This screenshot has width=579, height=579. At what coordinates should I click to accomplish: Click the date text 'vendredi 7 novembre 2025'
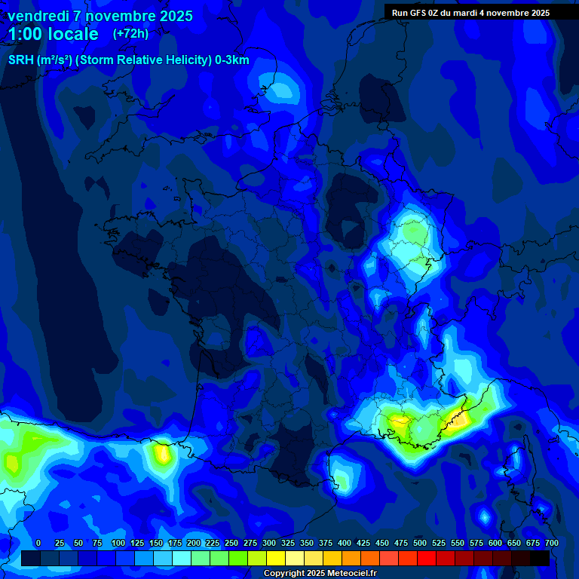(100, 16)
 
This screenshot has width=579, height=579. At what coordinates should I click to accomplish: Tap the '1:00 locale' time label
(54, 34)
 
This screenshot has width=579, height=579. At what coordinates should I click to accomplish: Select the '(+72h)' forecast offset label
(130, 34)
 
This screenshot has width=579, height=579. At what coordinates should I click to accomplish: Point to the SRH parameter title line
(128, 60)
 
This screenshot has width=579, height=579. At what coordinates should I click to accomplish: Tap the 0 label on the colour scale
(38, 543)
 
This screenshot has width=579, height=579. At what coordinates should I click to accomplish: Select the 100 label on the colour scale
(118, 543)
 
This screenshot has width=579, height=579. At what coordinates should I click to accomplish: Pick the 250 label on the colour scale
(231, 543)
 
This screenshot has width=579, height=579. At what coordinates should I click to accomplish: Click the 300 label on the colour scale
(269, 543)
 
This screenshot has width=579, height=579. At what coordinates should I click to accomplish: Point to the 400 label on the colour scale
(345, 543)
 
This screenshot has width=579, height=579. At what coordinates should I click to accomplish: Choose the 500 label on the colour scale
(420, 543)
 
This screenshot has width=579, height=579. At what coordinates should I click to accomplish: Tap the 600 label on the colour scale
(495, 543)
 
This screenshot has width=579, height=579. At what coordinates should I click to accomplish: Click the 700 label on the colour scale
(551, 543)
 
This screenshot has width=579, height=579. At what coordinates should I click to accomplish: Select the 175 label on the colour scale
(175, 543)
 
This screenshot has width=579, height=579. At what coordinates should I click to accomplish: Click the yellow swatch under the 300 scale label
(276, 558)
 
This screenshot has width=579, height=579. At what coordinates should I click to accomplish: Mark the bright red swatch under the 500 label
(427, 558)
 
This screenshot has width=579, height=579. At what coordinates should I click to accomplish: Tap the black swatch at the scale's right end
(540, 558)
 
